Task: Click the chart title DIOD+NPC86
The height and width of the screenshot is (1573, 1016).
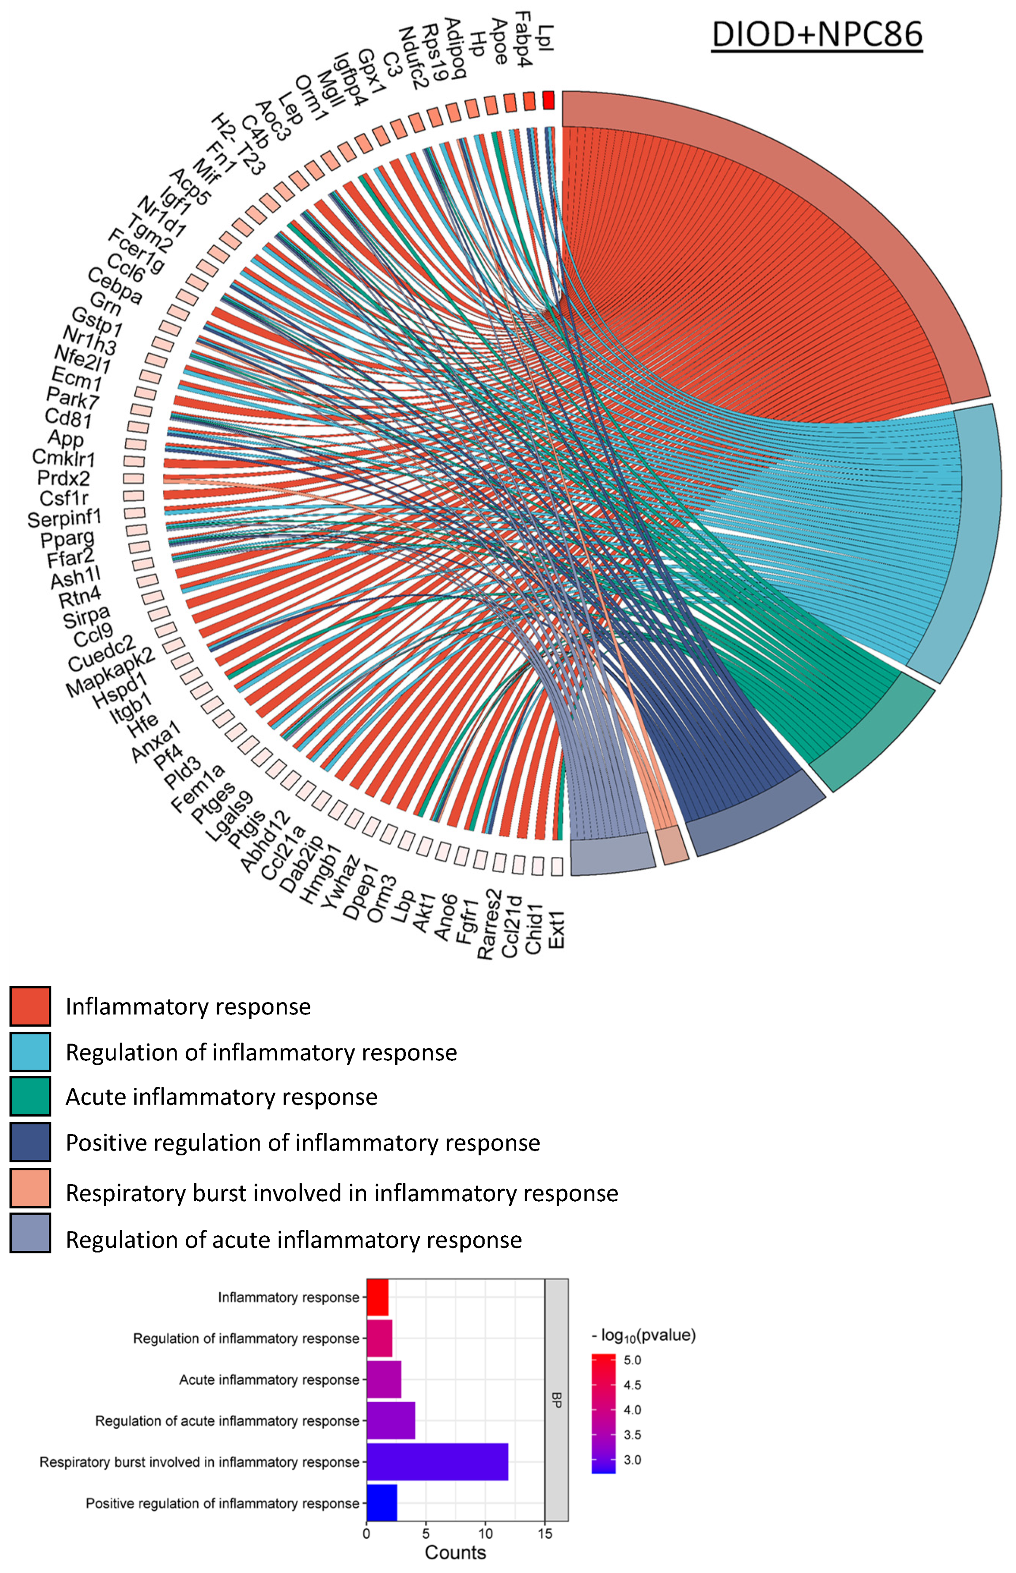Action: [x=816, y=34]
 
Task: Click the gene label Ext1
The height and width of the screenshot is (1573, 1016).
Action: [x=556, y=929]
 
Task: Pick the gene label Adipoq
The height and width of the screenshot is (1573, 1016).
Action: [x=455, y=48]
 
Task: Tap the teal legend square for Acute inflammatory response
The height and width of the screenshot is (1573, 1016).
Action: [x=30, y=1097]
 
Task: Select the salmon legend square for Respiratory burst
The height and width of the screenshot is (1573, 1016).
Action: [x=30, y=1188]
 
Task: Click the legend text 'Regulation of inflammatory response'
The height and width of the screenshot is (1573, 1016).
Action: [x=261, y=1052]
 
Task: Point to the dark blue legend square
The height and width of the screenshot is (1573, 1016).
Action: [x=30, y=1142]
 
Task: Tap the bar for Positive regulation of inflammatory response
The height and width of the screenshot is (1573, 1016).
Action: [x=382, y=1503]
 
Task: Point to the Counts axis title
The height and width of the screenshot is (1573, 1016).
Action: [x=455, y=1552]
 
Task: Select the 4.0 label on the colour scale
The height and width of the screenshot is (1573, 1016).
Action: [x=632, y=1410]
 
